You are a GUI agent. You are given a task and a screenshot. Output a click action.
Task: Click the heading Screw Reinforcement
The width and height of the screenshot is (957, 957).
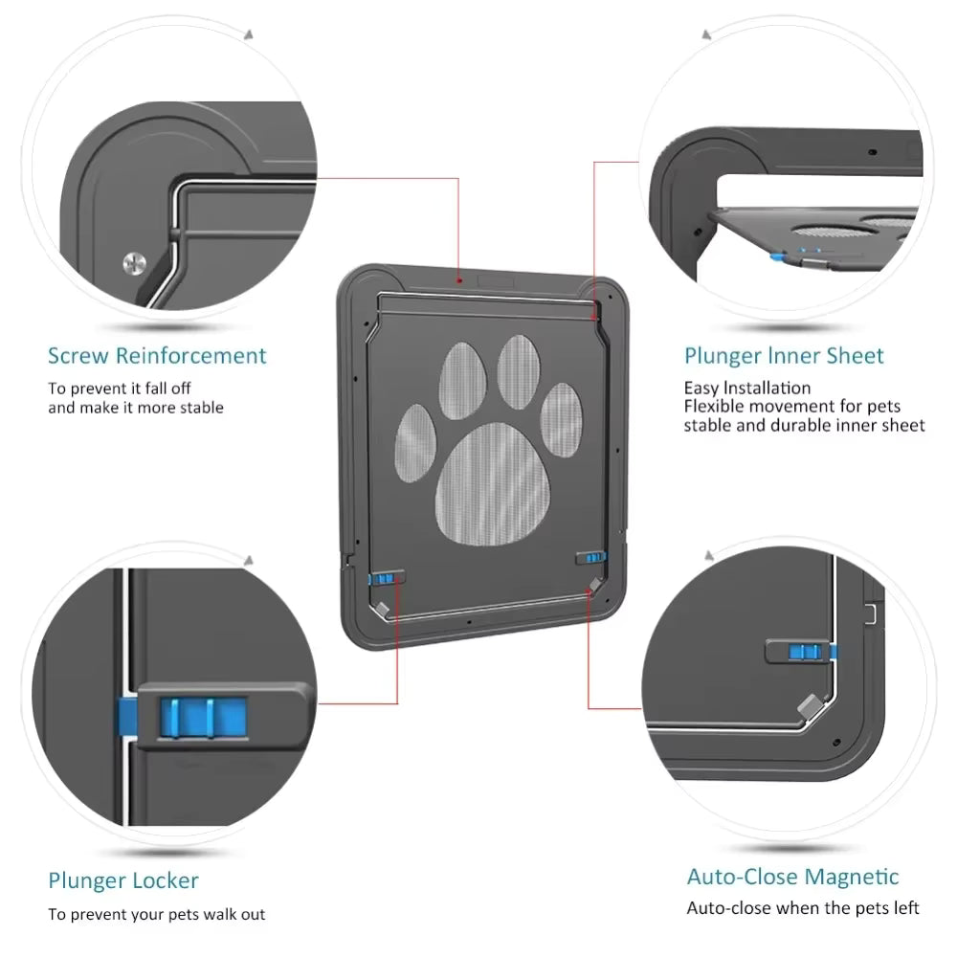(157, 356)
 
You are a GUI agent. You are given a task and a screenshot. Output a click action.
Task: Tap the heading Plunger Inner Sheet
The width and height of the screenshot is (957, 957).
(784, 356)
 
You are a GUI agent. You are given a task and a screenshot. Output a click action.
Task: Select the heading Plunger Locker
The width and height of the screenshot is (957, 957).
(123, 880)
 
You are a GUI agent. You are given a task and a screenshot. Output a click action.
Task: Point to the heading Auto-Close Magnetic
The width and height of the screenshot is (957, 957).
(792, 877)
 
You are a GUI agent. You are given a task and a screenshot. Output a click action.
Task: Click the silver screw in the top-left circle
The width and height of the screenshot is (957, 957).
(135, 264)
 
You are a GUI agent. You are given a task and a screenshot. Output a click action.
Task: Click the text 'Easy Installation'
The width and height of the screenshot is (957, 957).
(746, 388)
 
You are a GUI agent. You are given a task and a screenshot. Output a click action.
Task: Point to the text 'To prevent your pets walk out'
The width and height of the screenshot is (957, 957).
(157, 914)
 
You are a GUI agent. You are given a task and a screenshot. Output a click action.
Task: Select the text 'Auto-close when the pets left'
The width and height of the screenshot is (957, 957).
(802, 908)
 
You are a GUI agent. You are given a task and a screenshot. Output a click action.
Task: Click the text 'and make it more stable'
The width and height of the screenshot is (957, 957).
(136, 408)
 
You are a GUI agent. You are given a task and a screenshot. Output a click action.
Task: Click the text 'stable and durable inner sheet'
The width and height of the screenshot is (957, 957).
(804, 425)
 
